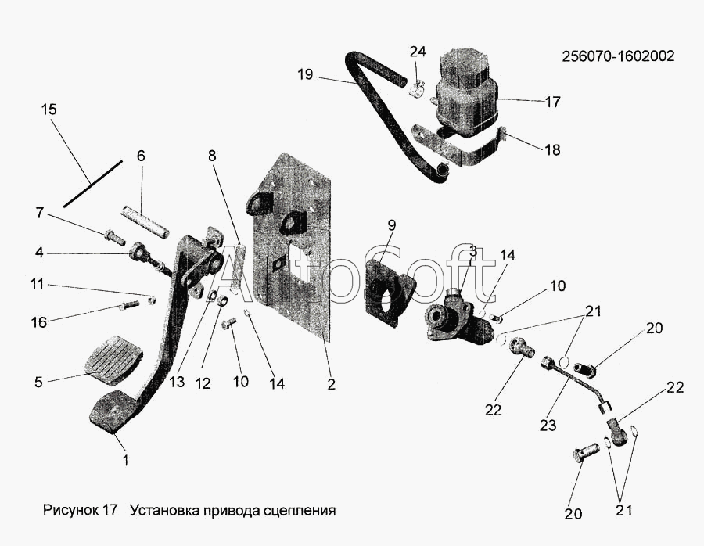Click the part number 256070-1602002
point(617,56)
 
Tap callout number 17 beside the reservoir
point(552,102)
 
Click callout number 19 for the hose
point(305,75)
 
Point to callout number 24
point(418,52)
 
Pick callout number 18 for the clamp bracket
point(552,150)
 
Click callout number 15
point(48,110)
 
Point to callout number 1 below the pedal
point(125,461)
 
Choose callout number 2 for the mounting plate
point(331,384)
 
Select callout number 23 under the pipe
point(547,426)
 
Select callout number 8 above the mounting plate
point(212,156)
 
